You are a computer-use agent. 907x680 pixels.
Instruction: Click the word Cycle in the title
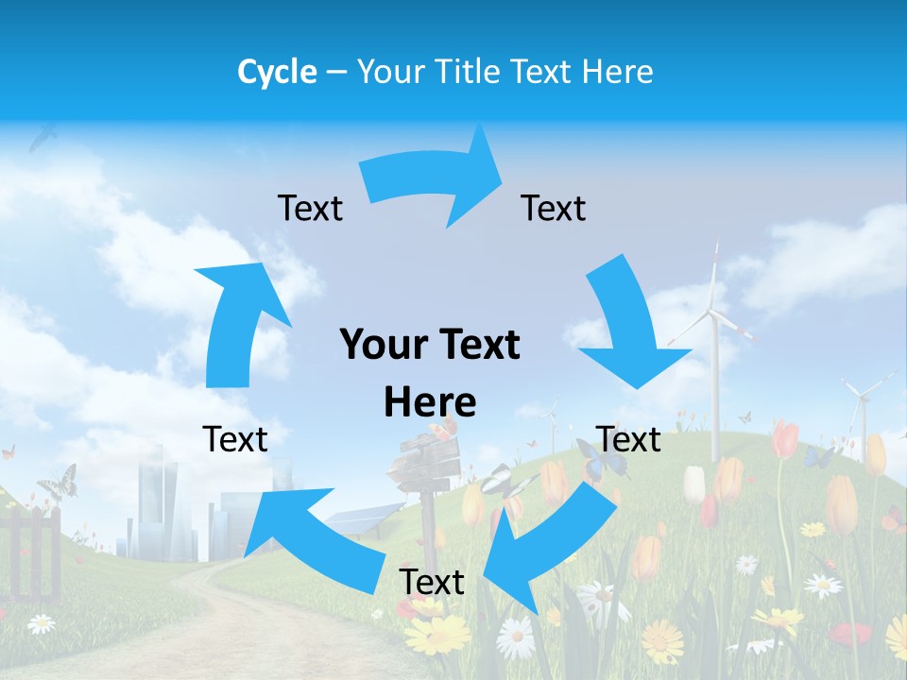pos(277,72)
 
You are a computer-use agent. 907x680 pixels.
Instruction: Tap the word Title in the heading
pos(471,72)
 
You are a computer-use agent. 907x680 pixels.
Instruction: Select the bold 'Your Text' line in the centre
pos(430,346)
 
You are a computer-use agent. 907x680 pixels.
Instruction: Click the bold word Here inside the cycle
pos(430,402)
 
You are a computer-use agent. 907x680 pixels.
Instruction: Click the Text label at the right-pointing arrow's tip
pos(553,208)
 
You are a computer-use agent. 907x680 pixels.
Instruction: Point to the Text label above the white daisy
pos(432,582)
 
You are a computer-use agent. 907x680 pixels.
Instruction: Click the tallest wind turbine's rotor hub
pos(715,311)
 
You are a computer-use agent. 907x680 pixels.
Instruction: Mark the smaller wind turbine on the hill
pos(862,401)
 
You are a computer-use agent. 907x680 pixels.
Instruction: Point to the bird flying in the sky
pos(42,138)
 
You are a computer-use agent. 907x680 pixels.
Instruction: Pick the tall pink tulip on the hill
pos(783,444)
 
